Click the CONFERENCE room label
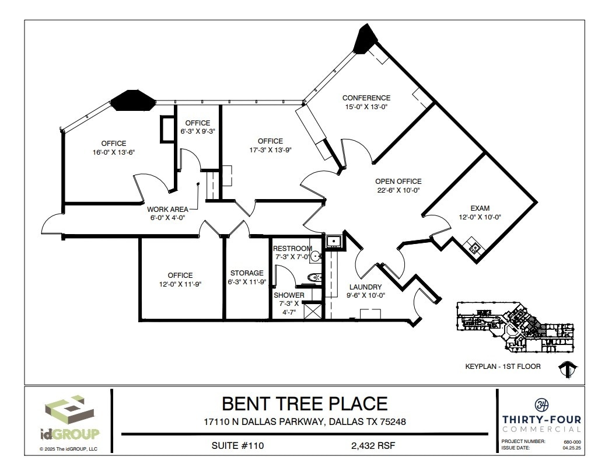[366, 98]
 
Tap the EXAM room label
[480, 208]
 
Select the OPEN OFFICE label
[398, 182]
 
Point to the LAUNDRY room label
[365, 287]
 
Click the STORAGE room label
[247, 273]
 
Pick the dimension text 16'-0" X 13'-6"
[114, 152]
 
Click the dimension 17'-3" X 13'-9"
[270, 149]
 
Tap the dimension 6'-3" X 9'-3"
[198, 131]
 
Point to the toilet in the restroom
[314, 278]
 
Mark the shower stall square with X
[313, 310]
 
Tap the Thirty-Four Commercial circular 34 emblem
[540, 404]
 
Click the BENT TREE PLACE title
[304, 404]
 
